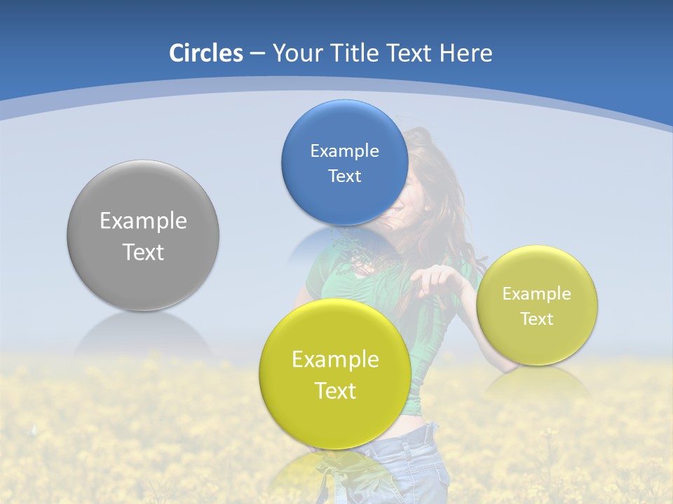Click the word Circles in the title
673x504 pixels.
(x=206, y=53)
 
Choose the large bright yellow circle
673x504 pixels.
(x=335, y=420)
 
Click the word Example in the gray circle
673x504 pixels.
(x=143, y=221)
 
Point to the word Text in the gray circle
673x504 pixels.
(x=143, y=252)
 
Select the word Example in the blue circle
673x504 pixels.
(x=344, y=151)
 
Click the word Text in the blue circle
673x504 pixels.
(x=344, y=176)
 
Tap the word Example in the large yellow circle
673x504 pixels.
(x=335, y=360)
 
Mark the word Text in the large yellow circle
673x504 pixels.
(x=335, y=391)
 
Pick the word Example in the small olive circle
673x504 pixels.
(x=537, y=294)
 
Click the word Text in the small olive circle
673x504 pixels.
(x=537, y=319)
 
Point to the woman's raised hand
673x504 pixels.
(x=430, y=280)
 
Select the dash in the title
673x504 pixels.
(x=257, y=54)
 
